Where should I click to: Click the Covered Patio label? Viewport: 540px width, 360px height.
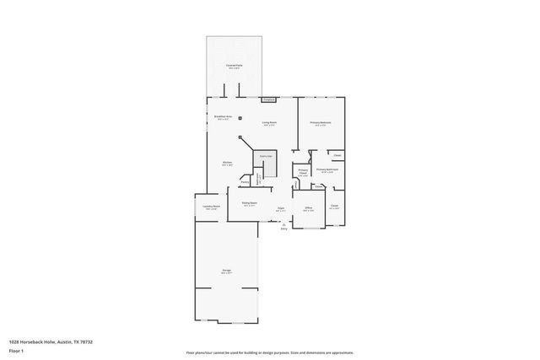coord(234,66)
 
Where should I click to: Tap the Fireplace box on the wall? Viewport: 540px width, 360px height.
coord(268,99)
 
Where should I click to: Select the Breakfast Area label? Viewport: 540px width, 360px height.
coord(224,118)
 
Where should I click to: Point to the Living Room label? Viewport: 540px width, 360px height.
coord(269,125)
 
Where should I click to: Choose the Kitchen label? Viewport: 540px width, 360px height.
coord(227,164)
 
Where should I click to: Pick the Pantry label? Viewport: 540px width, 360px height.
coord(245,181)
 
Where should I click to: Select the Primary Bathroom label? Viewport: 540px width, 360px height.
coord(327,171)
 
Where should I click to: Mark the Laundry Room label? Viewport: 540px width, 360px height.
coord(211,207)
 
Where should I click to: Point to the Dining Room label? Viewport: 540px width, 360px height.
coord(249,204)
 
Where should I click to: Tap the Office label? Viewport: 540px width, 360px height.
coord(309,208)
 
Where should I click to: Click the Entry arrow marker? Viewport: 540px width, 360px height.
coord(283,225)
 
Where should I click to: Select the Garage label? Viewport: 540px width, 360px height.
coord(226,271)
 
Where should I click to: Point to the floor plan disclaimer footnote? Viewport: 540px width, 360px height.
coord(269,352)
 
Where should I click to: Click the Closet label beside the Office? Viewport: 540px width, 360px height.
coord(334,207)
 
